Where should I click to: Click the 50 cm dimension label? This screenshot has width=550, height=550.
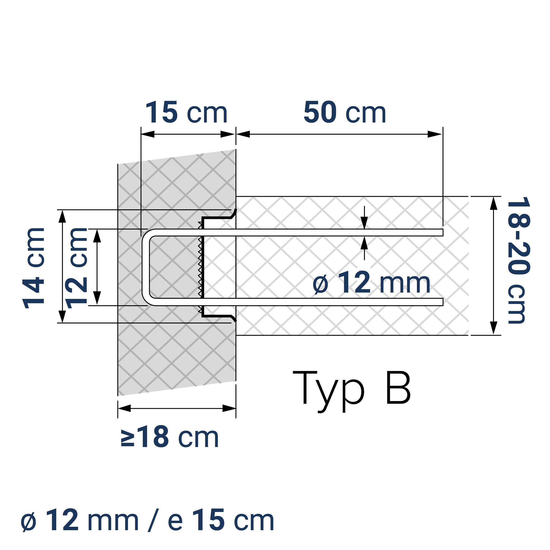click(x=345, y=113)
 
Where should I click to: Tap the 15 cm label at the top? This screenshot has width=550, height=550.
click(x=186, y=113)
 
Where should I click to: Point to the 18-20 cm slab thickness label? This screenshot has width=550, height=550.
click(x=519, y=261)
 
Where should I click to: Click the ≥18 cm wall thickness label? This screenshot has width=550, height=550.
click(x=170, y=437)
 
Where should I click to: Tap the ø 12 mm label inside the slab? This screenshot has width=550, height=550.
click(x=372, y=283)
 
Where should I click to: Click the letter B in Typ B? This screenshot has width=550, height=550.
click(x=398, y=388)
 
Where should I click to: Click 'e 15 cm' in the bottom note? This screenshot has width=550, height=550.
click(x=221, y=520)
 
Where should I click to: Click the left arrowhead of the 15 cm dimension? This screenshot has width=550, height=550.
click(x=148, y=134)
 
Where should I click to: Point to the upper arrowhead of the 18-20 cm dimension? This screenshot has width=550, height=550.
click(x=494, y=203)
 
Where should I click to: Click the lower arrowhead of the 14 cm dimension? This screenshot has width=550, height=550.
click(x=62, y=316)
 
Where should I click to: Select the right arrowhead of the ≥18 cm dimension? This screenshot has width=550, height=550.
click(x=229, y=408)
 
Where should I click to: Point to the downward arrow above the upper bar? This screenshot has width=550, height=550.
click(x=364, y=222)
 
